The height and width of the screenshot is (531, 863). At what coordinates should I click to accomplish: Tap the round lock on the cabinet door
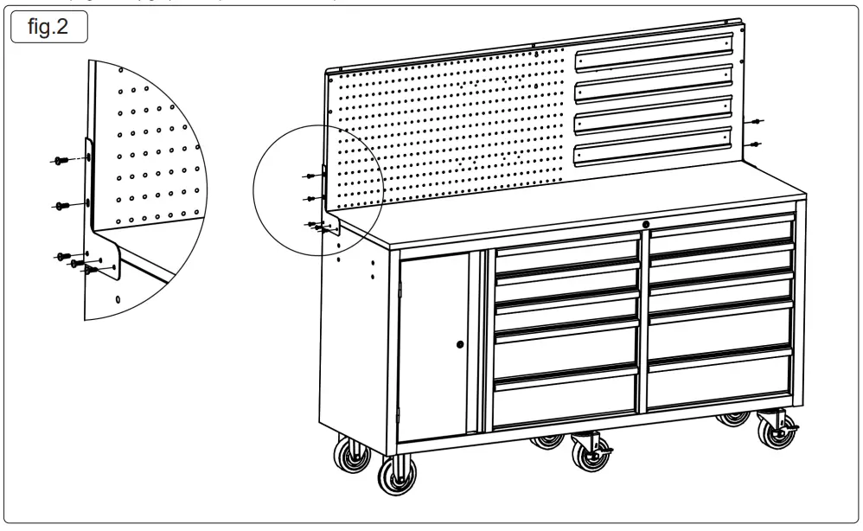click(x=460, y=344)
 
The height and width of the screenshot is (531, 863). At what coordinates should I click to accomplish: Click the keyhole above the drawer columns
click(x=645, y=225)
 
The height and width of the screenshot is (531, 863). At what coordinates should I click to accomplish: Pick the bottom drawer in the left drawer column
click(x=566, y=400)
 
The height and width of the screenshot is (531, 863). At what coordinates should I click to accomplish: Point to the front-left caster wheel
click(x=397, y=475)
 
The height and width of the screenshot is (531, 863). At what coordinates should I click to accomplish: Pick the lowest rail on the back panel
click(x=655, y=144)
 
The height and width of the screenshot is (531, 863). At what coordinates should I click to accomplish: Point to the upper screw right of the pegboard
click(x=758, y=122)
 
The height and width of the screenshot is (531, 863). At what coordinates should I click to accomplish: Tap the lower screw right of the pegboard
click(x=758, y=143)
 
